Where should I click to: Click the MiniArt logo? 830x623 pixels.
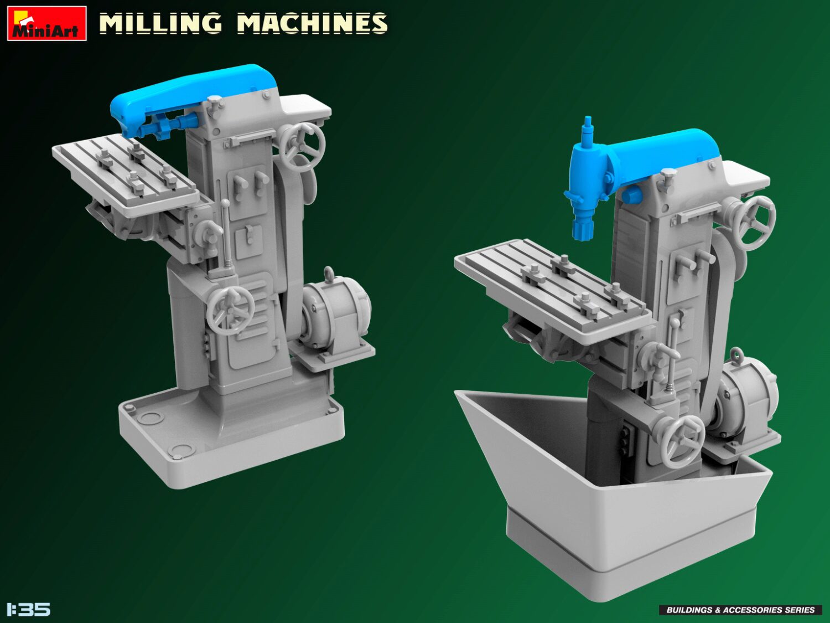(47, 23)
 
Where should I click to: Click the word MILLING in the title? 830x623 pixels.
(160, 23)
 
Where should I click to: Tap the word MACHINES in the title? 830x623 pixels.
(312, 23)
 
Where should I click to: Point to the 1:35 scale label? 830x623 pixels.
(28, 609)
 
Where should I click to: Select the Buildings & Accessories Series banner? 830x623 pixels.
(740, 610)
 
